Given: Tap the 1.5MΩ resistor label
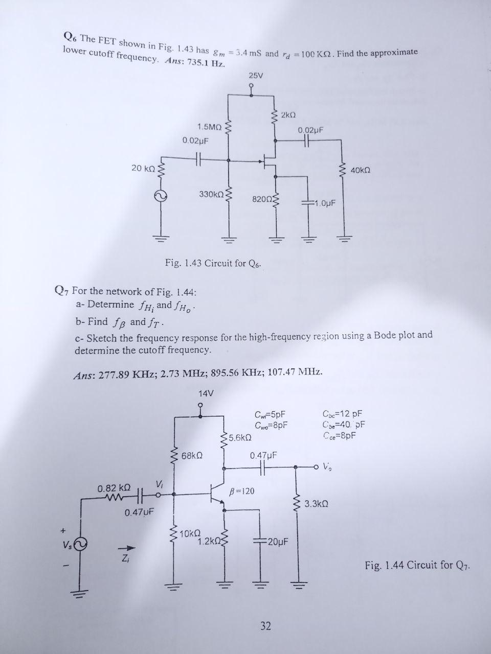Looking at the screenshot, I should pos(209,126).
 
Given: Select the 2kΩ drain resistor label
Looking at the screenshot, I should pos(288,113).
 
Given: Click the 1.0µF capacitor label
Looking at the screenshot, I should pos(324,203).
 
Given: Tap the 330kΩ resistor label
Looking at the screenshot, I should pos(211,194).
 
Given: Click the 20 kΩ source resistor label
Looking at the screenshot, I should pos(143,168).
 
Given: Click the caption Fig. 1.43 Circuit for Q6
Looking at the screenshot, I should pos(214,264).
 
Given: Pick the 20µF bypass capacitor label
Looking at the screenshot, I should pos(278,542).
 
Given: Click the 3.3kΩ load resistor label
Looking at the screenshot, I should pos(316,504).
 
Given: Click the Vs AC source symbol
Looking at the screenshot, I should pos(81,544).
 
